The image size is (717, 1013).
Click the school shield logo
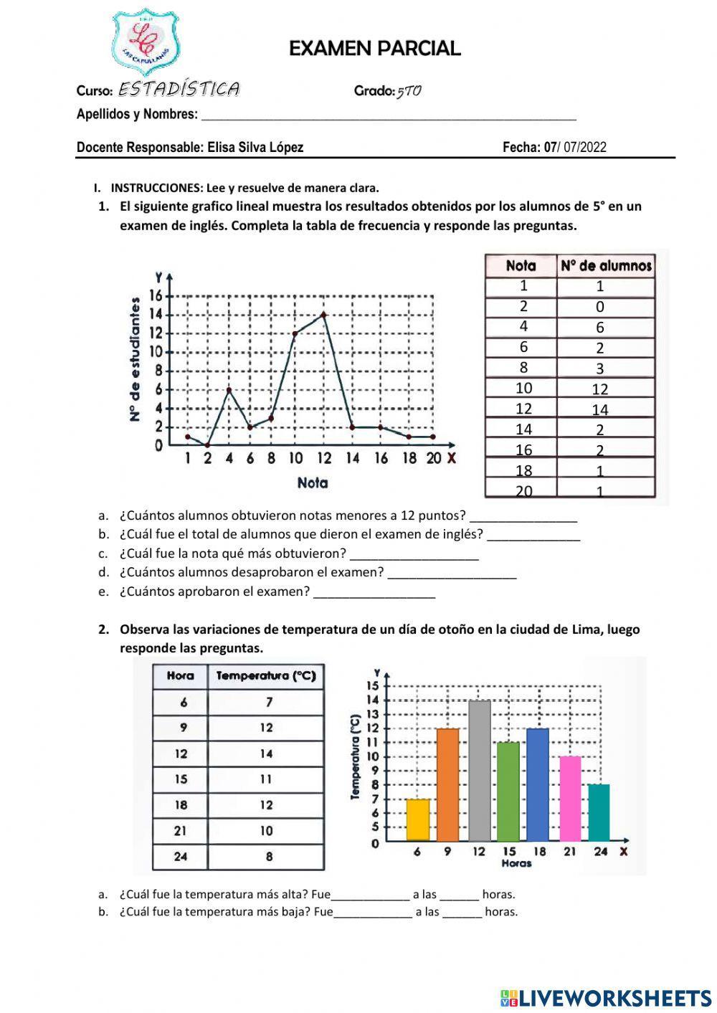[146, 42]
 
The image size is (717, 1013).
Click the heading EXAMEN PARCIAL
[374, 49]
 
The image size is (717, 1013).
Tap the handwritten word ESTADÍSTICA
[179, 89]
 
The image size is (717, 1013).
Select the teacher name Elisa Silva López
[255, 148]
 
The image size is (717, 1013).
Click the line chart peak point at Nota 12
[324, 314]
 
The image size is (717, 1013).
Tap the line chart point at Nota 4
[229, 389]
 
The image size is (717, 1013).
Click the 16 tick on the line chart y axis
[156, 295]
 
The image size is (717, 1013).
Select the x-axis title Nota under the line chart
[312, 482]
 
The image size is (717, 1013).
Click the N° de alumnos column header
[606, 266]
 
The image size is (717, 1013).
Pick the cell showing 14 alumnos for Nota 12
[600, 409]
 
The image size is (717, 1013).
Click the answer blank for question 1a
[523, 516]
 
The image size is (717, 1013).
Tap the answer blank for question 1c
[414, 554]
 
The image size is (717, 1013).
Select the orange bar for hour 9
[447, 784]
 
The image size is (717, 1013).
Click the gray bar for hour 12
[479, 771]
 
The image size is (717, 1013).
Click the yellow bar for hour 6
[418, 819]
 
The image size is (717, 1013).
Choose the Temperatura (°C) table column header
[266, 676]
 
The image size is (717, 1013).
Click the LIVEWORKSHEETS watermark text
[615, 998]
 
